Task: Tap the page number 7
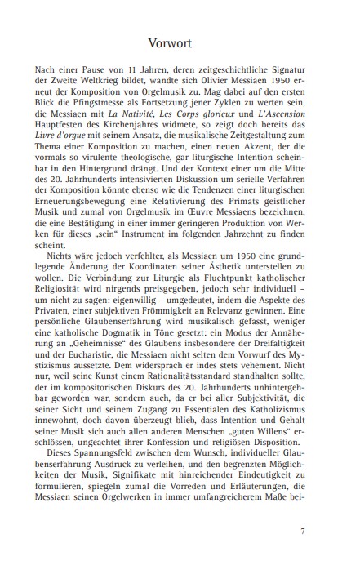pos(302,531)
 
